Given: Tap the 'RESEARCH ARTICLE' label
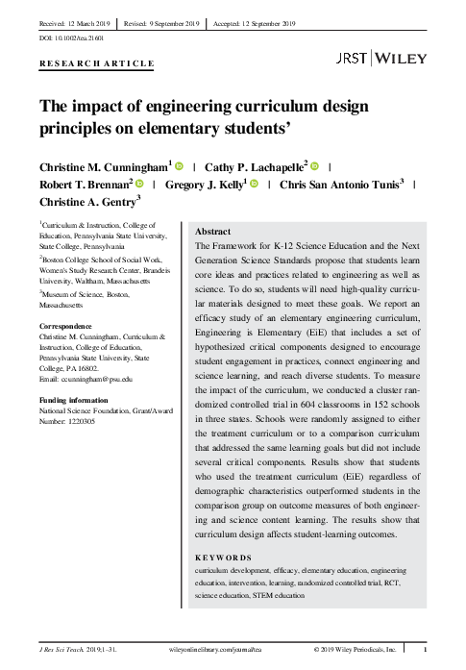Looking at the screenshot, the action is tap(95, 63).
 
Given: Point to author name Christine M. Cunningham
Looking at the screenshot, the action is tap(104, 166).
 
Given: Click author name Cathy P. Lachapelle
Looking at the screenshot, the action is tap(252, 166).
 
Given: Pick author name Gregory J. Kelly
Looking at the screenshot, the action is tap(205, 184).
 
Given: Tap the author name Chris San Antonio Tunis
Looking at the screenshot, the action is tap(340, 184).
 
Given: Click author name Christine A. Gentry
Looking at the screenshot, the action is tap(86, 201).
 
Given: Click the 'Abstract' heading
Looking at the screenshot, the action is tap(212, 233).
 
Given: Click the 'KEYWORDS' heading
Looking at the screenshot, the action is tap(223, 558).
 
